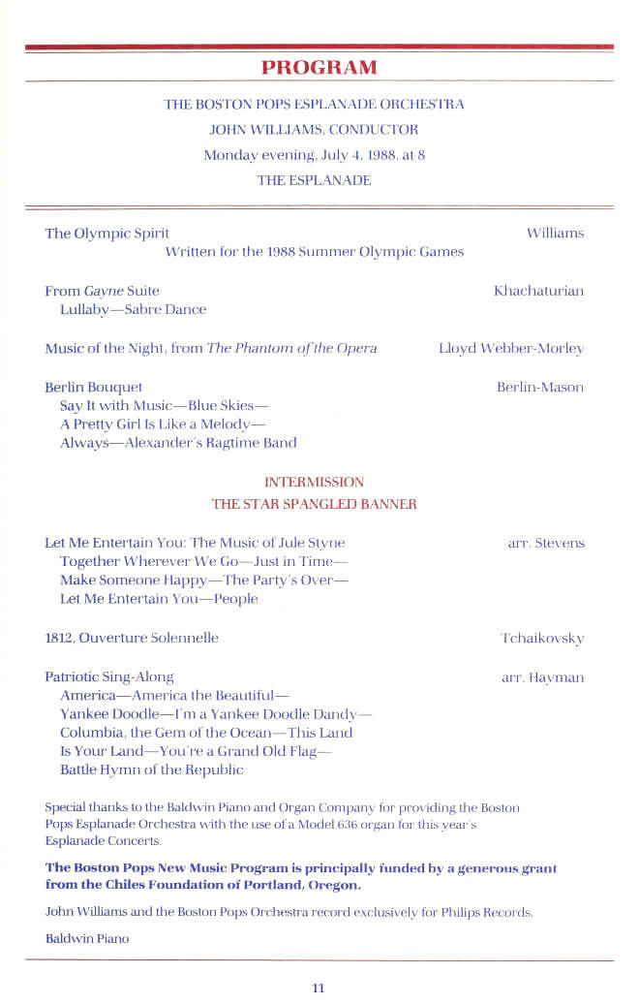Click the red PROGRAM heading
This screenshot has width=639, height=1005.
[x=319, y=67]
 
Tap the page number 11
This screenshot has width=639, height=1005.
[x=319, y=988]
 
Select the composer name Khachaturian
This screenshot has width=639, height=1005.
[x=538, y=291]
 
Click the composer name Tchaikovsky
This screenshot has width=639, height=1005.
[x=542, y=638]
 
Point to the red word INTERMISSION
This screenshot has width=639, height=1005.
[x=314, y=482]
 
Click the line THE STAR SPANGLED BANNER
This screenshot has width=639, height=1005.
[x=314, y=504]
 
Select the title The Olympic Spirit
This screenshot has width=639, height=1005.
[x=106, y=234]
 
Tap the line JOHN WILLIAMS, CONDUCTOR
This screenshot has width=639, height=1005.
[x=314, y=129]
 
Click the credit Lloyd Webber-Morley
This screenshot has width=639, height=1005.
[x=511, y=349]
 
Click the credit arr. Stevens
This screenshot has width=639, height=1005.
[x=546, y=543]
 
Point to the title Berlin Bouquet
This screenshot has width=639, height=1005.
[x=93, y=388]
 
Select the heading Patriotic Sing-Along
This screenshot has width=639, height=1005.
[x=109, y=677]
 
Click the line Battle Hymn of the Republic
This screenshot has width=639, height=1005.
[x=151, y=769]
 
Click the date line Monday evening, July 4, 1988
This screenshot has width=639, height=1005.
[x=314, y=154]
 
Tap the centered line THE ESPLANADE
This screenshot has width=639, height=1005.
[x=314, y=180]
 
